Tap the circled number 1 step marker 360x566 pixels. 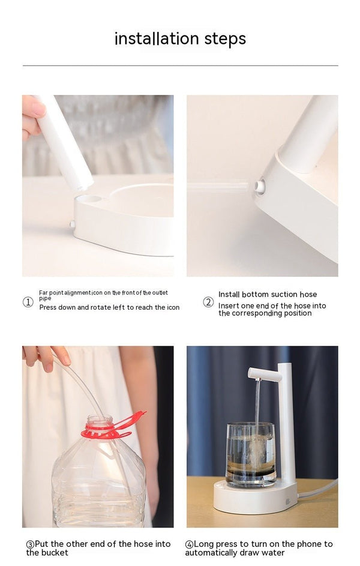tap(28, 302)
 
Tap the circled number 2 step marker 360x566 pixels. tap(208, 302)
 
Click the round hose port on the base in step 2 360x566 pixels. tap(259, 186)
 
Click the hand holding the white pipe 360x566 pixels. tap(32, 114)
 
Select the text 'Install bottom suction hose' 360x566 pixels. tap(268, 294)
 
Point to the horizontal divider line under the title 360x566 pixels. tap(180, 65)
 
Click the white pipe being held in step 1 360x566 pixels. tap(66, 144)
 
